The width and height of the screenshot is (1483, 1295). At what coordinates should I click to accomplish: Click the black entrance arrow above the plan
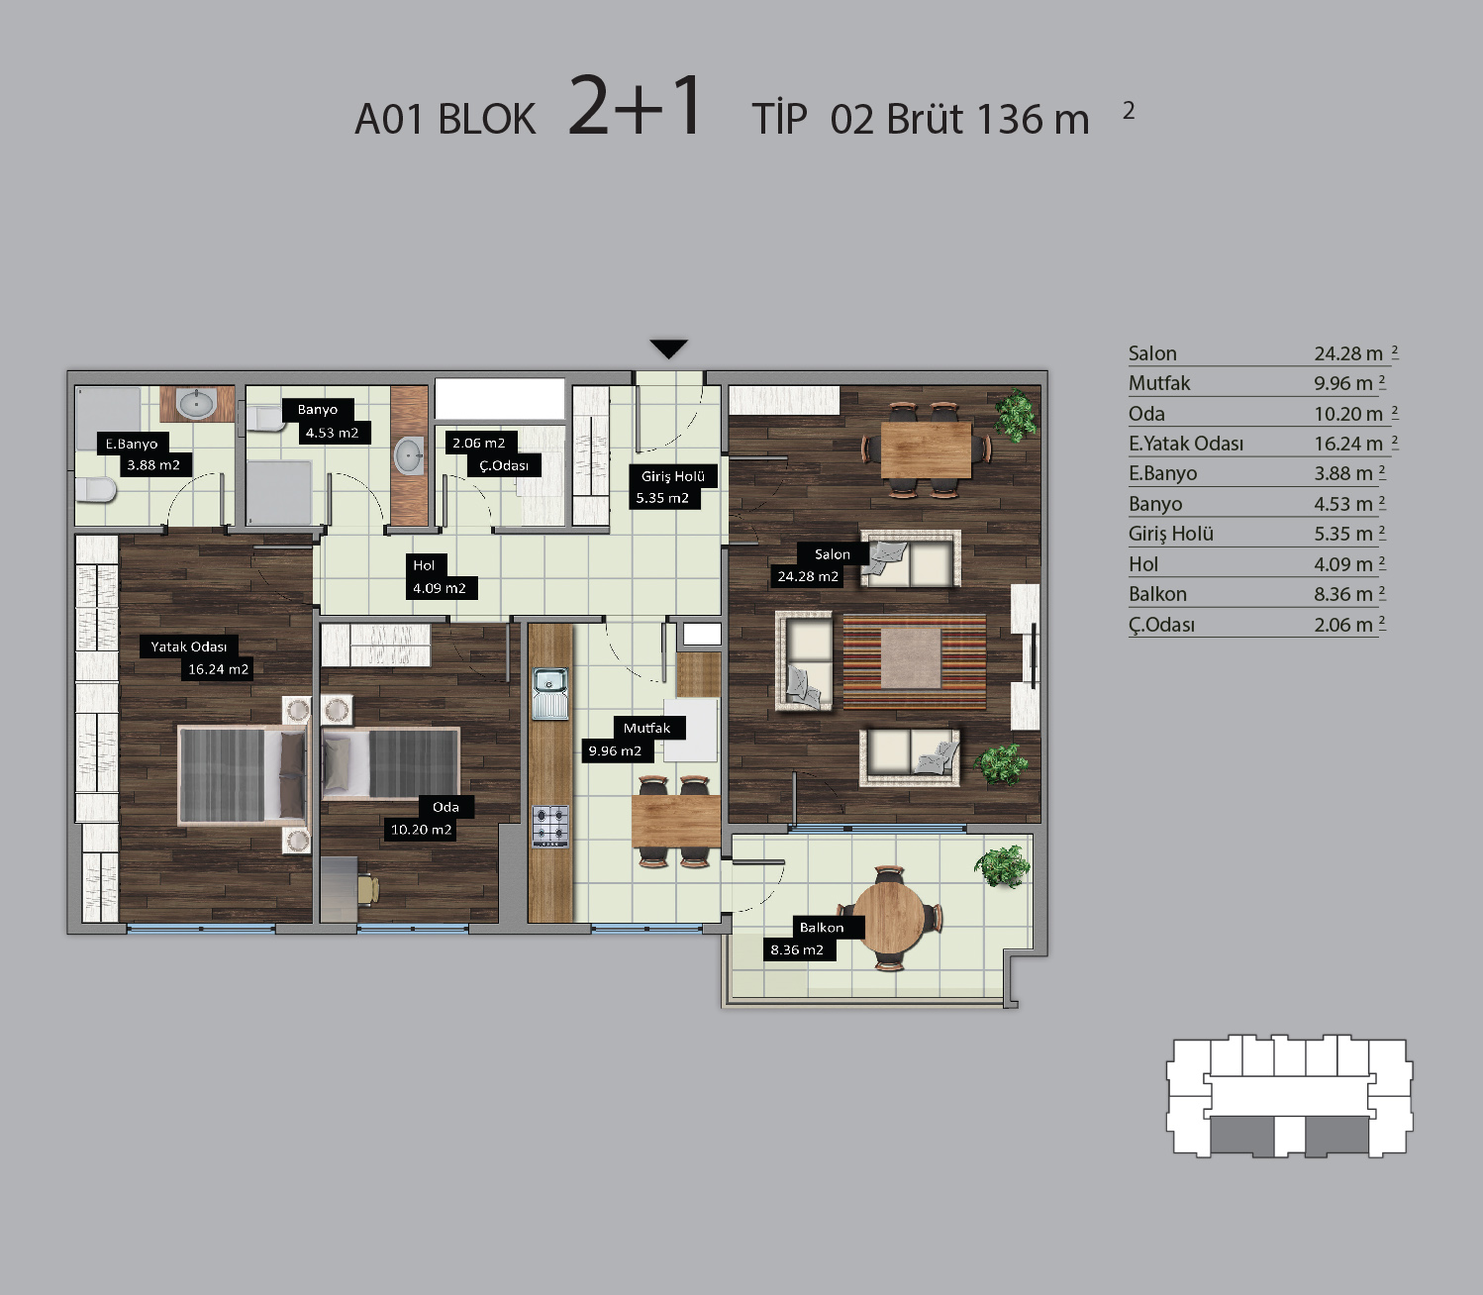tap(668, 349)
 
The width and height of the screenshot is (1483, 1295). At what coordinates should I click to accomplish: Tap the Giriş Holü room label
tap(672, 476)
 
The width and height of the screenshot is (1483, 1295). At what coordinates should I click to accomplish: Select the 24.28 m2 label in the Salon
tap(808, 577)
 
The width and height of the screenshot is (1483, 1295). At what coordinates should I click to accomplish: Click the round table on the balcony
tap(889, 918)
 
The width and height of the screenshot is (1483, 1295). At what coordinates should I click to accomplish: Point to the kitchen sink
tap(550, 693)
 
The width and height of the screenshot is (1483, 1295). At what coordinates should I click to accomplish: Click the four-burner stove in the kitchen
tap(550, 827)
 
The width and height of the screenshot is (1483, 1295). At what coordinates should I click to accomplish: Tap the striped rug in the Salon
tap(914, 661)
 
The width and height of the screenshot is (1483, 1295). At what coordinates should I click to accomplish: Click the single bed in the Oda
tap(391, 763)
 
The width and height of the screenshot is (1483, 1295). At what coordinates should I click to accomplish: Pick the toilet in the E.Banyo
tap(96, 490)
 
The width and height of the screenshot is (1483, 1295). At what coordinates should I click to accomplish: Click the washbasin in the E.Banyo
tap(196, 404)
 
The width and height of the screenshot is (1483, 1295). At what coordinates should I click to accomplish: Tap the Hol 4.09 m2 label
tap(440, 577)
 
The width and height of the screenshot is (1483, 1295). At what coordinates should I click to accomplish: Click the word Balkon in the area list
tap(1157, 594)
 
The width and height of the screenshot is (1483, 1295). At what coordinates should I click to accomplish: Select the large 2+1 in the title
tap(635, 106)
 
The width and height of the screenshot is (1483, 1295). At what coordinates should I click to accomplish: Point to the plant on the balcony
tap(1003, 866)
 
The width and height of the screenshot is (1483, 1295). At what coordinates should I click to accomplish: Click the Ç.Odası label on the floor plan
tap(504, 465)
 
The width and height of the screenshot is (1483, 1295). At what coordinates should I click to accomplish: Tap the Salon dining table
tap(926, 449)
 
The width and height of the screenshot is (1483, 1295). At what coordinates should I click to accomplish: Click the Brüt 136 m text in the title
tap(989, 120)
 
